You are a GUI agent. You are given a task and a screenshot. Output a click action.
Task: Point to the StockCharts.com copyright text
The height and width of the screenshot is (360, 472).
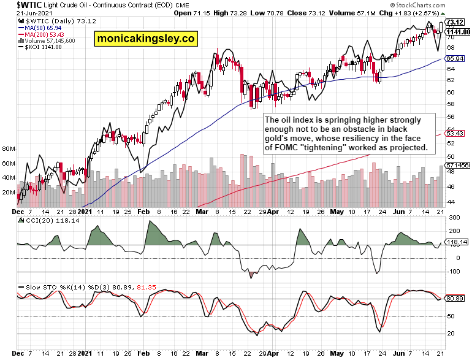click(x=440, y=5)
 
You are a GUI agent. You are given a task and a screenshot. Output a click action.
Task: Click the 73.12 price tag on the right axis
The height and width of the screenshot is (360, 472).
click(x=454, y=22)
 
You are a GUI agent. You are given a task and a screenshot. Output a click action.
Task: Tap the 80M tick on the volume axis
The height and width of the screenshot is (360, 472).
click(x=9, y=149)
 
